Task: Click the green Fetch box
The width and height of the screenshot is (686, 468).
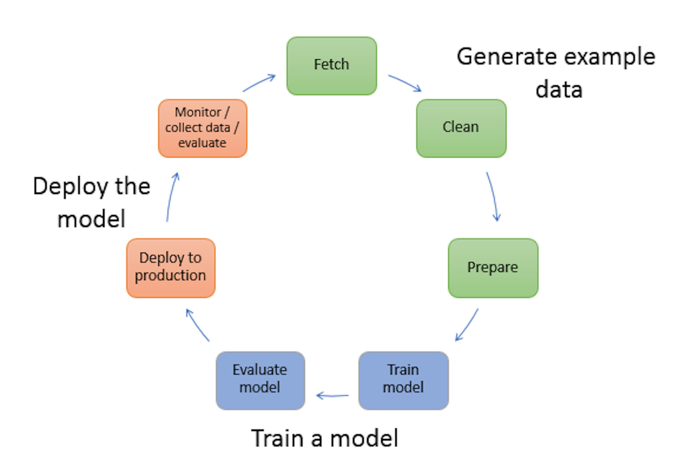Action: pyautogui.click(x=332, y=66)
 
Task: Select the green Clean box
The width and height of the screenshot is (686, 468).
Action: pyautogui.click(x=461, y=128)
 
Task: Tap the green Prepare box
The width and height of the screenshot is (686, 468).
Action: pyautogui.click(x=493, y=268)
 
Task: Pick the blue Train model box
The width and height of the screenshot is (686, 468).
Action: pyautogui.click(x=404, y=381)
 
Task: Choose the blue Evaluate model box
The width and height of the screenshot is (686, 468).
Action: pyautogui.click(x=260, y=381)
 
